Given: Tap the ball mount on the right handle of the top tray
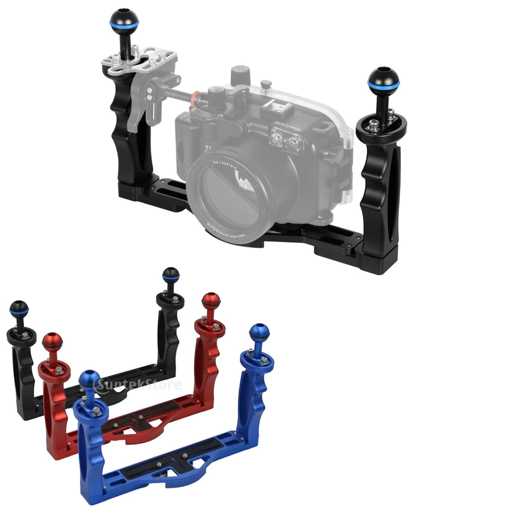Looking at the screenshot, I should point(383,80).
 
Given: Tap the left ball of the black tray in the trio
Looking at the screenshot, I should point(19,309).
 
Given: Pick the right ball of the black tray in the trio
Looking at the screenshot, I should point(171,275).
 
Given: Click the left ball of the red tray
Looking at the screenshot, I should point(52,342).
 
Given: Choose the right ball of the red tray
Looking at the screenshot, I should point(211,301).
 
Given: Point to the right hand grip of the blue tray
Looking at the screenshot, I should point(252,394).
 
